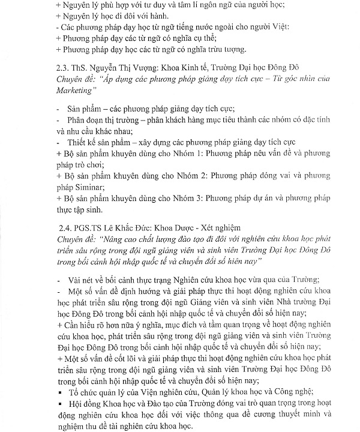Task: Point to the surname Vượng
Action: click(140, 68)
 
